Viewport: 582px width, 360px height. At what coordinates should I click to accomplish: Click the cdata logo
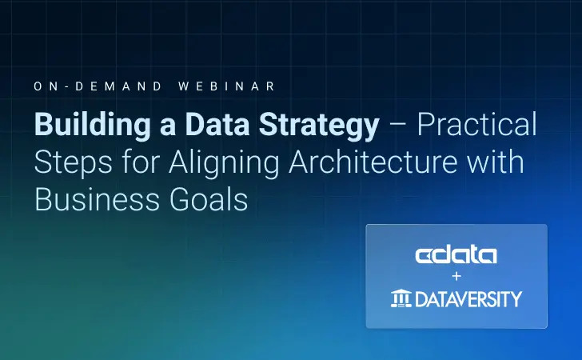click(456, 255)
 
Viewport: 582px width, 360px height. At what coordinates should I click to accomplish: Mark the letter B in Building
click(42, 126)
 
